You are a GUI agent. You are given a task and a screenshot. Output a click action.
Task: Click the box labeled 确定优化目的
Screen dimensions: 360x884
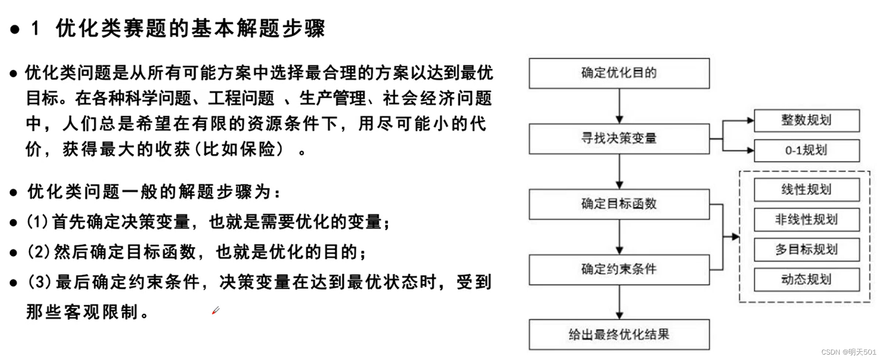pyautogui.click(x=619, y=73)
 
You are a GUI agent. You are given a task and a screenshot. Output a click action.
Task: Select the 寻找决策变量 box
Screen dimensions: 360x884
pyautogui.click(x=619, y=139)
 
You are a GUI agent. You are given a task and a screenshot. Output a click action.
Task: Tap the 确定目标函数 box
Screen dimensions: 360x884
pyautogui.click(x=619, y=204)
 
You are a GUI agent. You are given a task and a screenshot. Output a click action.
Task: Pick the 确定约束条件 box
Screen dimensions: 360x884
pyautogui.click(x=619, y=269)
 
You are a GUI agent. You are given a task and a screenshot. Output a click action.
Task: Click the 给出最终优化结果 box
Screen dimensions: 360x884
pyautogui.click(x=619, y=335)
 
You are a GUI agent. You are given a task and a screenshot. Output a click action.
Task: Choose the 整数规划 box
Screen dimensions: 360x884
pyautogui.click(x=806, y=121)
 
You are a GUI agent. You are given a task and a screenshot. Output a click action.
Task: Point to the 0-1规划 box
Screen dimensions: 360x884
pyautogui.click(x=806, y=150)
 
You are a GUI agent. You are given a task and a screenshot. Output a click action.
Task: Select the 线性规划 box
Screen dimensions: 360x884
pyautogui.click(x=806, y=190)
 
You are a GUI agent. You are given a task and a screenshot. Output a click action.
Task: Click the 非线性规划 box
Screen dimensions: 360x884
pyautogui.click(x=806, y=220)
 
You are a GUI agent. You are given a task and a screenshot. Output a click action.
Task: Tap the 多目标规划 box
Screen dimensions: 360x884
pyautogui.click(x=806, y=250)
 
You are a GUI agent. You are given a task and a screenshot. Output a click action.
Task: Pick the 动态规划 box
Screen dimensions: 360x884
pyautogui.click(x=806, y=280)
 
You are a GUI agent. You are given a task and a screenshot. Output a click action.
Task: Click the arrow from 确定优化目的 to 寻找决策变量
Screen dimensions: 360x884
pyautogui.click(x=619, y=106)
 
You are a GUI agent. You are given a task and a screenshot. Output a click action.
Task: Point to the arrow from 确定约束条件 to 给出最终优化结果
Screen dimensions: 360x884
pyautogui.click(x=619, y=302)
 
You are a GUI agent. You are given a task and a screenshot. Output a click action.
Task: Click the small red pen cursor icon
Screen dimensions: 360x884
pyautogui.click(x=216, y=310)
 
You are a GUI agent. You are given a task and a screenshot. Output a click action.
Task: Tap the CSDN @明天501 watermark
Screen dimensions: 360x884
pyautogui.click(x=849, y=352)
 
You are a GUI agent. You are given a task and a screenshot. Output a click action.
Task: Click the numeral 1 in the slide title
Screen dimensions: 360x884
pyautogui.click(x=35, y=29)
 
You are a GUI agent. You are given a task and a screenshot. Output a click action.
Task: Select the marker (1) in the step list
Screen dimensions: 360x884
pyautogui.click(x=37, y=222)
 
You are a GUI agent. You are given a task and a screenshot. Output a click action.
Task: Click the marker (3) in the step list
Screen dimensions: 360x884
pyautogui.click(x=39, y=282)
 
